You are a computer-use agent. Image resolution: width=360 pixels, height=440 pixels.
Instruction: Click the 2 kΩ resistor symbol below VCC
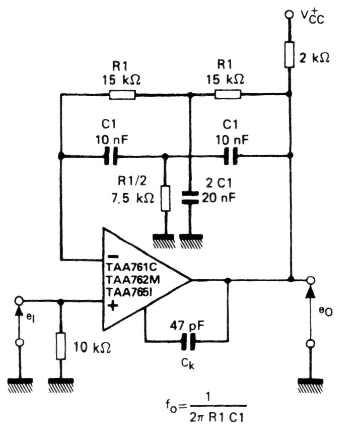[x=290, y=55]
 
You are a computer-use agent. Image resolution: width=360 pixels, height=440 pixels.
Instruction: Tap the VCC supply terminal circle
[x=289, y=15]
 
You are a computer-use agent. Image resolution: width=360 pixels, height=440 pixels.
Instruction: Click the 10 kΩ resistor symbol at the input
[x=61, y=346]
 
